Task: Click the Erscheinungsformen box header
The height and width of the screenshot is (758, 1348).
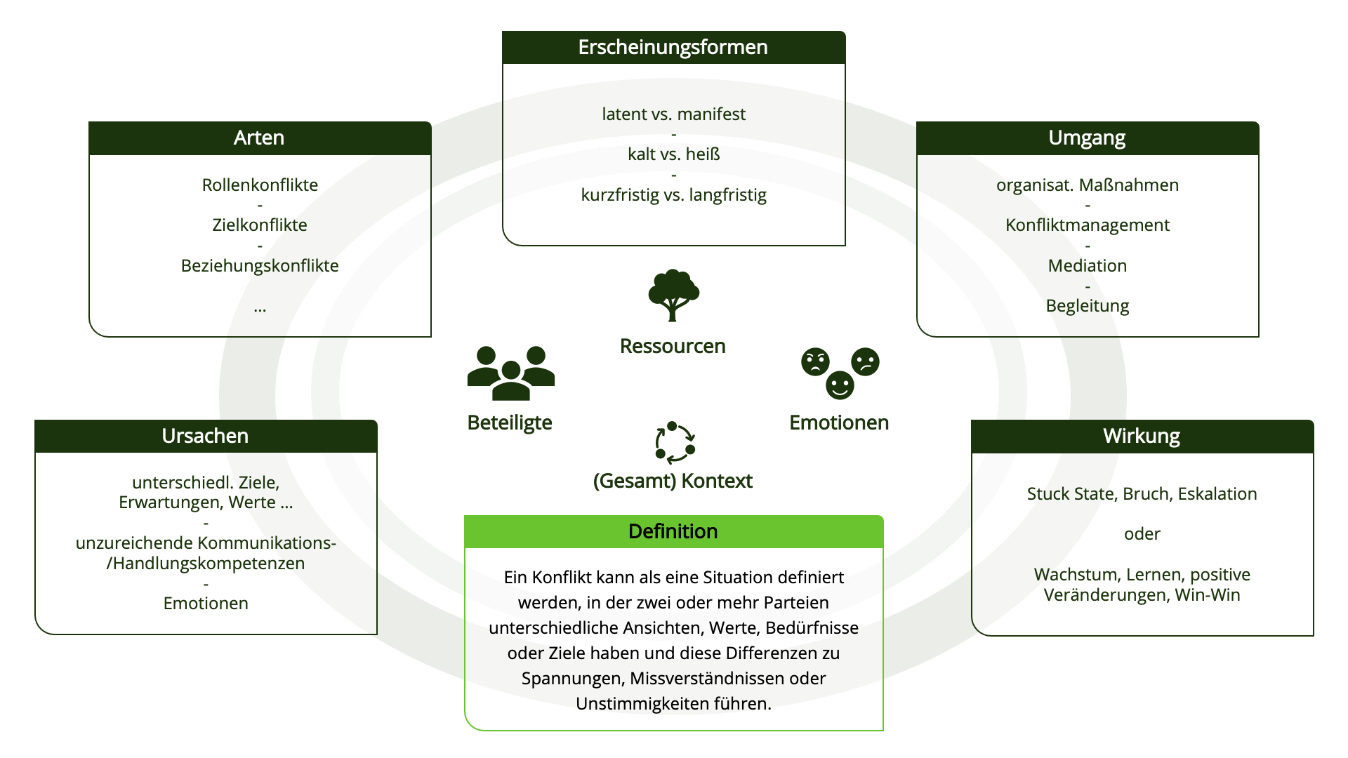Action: (673, 47)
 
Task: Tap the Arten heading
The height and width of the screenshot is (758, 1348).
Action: (259, 138)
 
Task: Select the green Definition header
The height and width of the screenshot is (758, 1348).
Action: (673, 531)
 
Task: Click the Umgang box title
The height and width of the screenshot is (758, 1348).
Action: (1087, 138)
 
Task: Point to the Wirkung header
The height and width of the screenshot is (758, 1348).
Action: (1142, 436)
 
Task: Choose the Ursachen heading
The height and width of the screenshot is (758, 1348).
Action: (205, 436)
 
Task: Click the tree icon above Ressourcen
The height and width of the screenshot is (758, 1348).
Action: (673, 295)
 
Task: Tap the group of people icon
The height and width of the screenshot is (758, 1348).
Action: (510, 373)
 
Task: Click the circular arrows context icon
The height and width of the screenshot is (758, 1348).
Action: (675, 443)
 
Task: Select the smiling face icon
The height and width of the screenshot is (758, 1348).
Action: (840, 385)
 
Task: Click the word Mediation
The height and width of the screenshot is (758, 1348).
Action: (1087, 265)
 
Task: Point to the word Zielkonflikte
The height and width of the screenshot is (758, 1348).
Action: (260, 225)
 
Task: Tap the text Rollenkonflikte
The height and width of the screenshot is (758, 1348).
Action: (260, 185)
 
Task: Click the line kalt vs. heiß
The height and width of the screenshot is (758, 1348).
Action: (673, 154)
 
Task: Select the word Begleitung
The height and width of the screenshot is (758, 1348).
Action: (1087, 305)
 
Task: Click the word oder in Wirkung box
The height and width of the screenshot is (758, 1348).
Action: (1142, 533)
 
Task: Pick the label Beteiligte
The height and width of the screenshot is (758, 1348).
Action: (510, 423)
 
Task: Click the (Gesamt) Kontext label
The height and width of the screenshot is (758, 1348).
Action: (673, 481)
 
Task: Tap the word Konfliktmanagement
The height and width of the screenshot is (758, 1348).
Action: (1087, 225)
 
